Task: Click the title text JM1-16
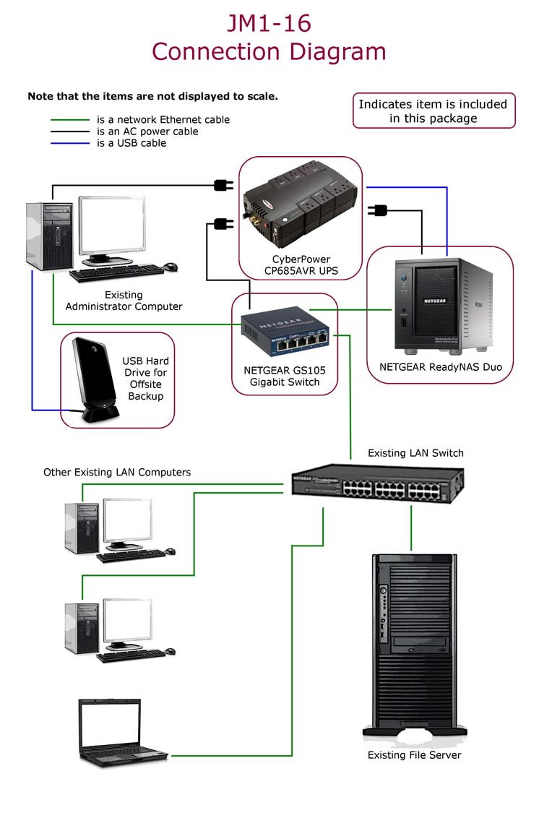tap(269, 23)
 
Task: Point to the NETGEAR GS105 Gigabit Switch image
tap(285, 331)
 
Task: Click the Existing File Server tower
tap(414, 643)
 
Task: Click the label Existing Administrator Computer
tap(124, 301)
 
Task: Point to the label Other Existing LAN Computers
tap(117, 473)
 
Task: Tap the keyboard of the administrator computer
tap(116, 274)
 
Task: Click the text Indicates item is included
tap(433, 104)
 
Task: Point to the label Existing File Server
tap(414, 755)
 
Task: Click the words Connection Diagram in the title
tap(269, 52)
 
